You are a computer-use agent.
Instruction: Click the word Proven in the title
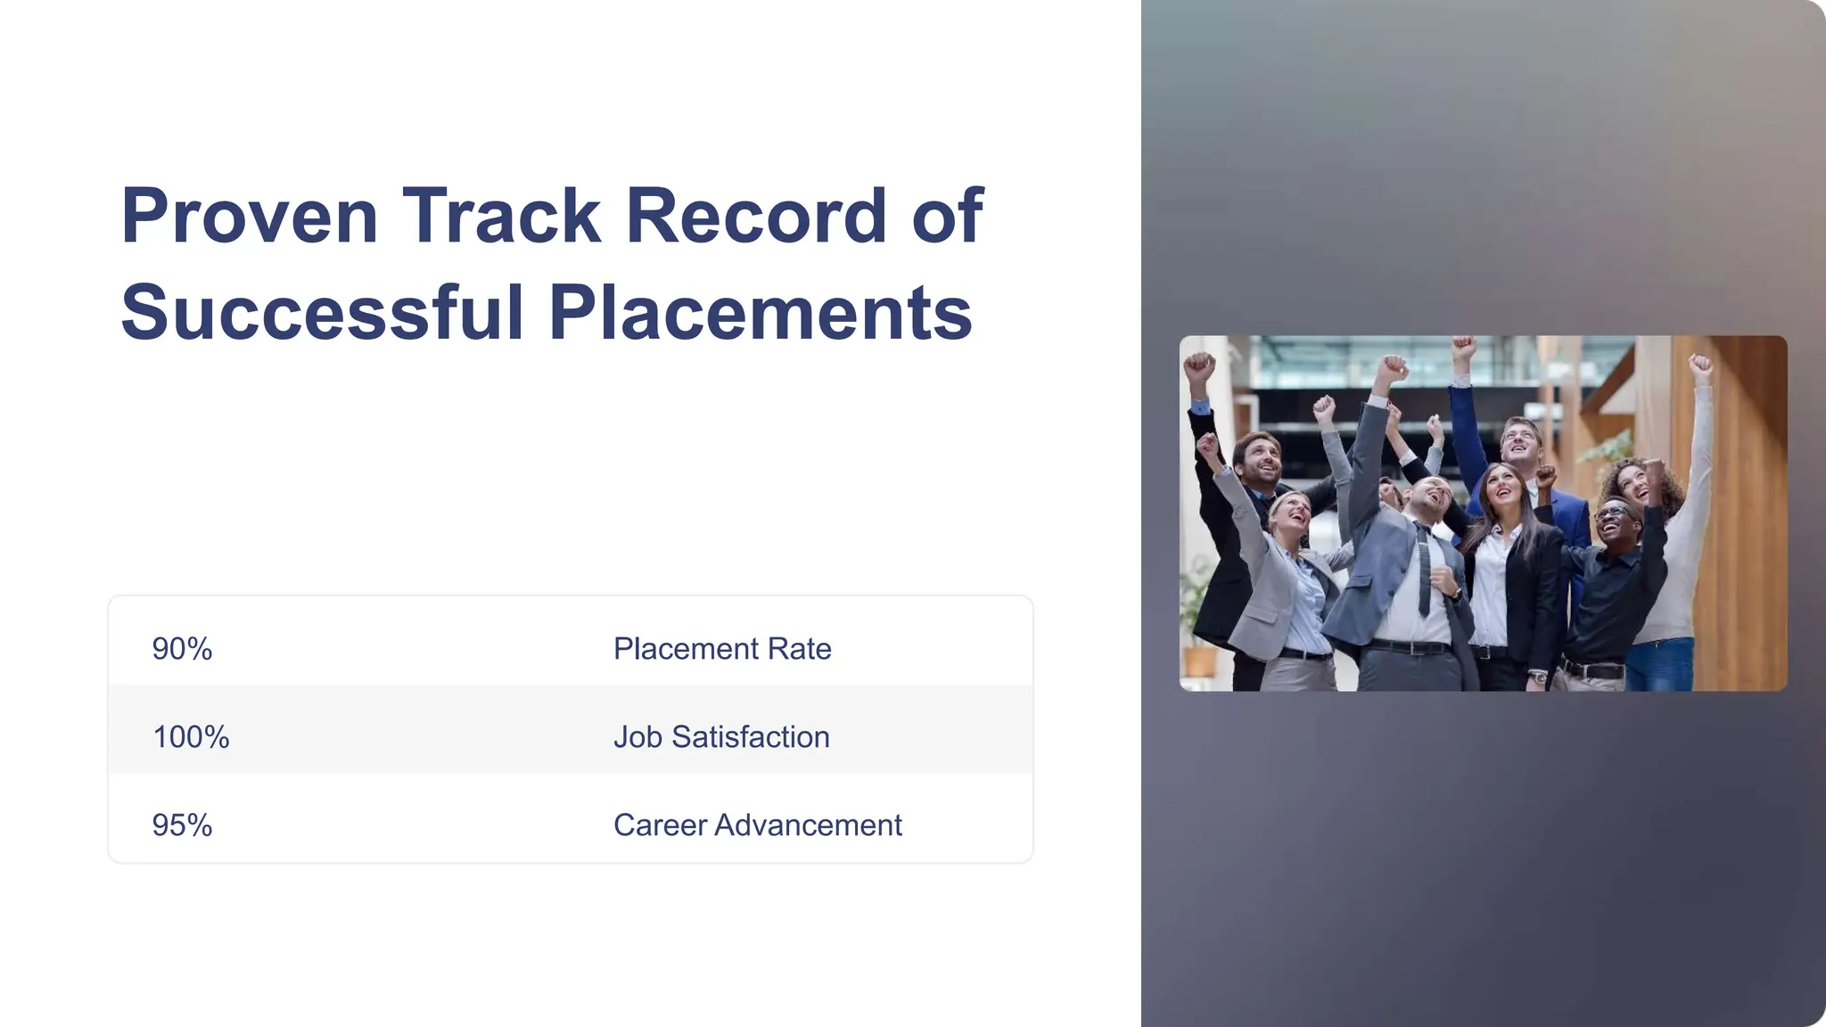pyautogui.click(x=250, y=216)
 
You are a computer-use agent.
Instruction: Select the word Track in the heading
pyautogui.click(x=502, y=216)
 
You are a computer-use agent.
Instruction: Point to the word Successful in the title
pyautogui.click(x=322, y=313)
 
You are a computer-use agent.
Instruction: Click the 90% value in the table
pyautogui.click(x=182, y=649)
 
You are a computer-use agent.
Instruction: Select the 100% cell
pyautogui.click(x=191, y=737)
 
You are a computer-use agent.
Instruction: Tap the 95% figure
pyautogui.click(x=182, y=826)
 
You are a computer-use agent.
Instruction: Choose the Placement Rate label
pyautogui.click(x=722, y=649)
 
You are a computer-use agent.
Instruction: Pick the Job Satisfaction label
pyautogui.click(x=721, y=737)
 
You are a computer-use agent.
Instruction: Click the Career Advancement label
pyautogui.click(x=758, y=826)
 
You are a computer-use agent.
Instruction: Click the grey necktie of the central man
pyautogui.click(x=1424, y=571)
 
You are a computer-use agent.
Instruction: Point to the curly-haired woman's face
pyautogui.click(x=1634, y=482)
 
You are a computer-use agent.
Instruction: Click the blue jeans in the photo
pyautogui.click(x=1660, y=665)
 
